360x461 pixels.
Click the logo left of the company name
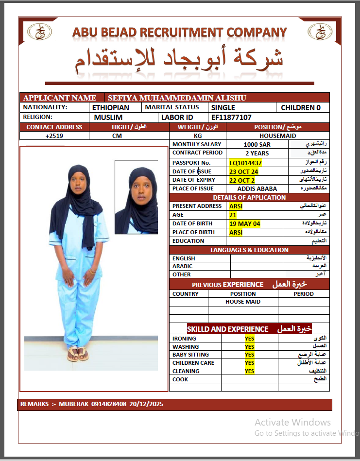pyautogui.click(x=37, y=32)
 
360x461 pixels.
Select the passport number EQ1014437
pyautogui.click(x=245, y=163)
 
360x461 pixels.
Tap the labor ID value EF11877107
pyautogui.click(x=231, y=118)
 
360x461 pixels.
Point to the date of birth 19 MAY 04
pyautogui.click(x=244, y=223)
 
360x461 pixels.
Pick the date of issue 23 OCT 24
pyautogui.click(x=243, y=171)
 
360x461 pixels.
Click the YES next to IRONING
pyautogui.click(x=249, y=339)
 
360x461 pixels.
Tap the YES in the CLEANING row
pyautogui.click(x=249, y=371)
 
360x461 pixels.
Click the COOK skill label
pyautogui.click(x=180, y=379)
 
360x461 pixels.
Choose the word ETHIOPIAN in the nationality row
pyautogui.click(x=111, y=107)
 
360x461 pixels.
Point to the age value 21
pyautogui.click(x=233, y=215)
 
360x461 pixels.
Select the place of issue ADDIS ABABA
pyautogui.click(x=257, y=188)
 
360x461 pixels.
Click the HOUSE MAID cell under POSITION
pyautogui.click(x=243, y=302)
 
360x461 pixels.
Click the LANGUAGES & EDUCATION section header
pyautogui.click(x=249, y=250)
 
